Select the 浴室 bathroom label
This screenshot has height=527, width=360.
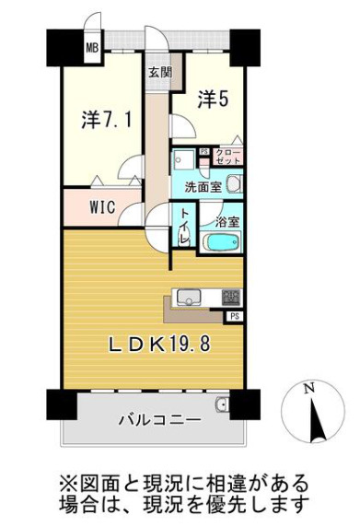coord(227,221)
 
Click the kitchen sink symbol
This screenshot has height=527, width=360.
coord(189,297)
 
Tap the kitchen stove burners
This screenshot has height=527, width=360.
coord(231,297)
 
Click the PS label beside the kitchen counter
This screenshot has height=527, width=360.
coord(235,316)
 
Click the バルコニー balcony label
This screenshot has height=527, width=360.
coord(159,419)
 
